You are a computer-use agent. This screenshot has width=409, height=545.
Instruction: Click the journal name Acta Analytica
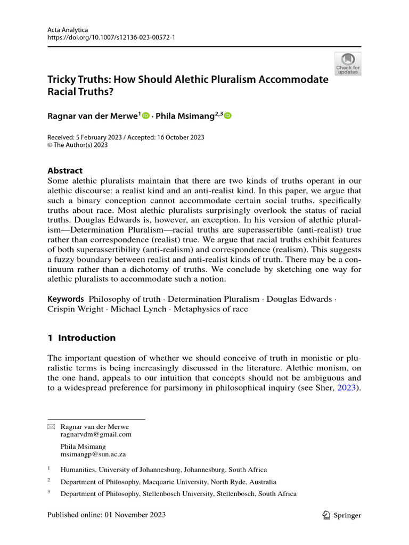[x=68, y=30]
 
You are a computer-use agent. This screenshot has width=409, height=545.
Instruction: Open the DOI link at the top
[x=116, y=39]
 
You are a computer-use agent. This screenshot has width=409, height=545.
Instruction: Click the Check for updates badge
[x=347, y=63]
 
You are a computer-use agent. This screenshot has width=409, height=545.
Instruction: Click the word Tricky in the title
[x=62, y=79]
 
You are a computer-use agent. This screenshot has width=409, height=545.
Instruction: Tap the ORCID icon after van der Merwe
[x=145, y=115]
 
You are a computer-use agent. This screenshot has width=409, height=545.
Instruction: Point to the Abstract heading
[x=65, y=171]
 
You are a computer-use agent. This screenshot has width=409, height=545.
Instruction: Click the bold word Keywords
[x=66, y=299]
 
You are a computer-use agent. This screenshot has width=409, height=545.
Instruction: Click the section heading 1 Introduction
[x=81, y=337]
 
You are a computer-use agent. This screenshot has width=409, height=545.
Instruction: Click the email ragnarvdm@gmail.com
[x=96, y=434]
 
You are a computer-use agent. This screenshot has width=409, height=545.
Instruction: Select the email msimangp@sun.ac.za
[x=93, y=455]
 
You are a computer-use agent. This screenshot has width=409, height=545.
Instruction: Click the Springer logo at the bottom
[x=342, y=515]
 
